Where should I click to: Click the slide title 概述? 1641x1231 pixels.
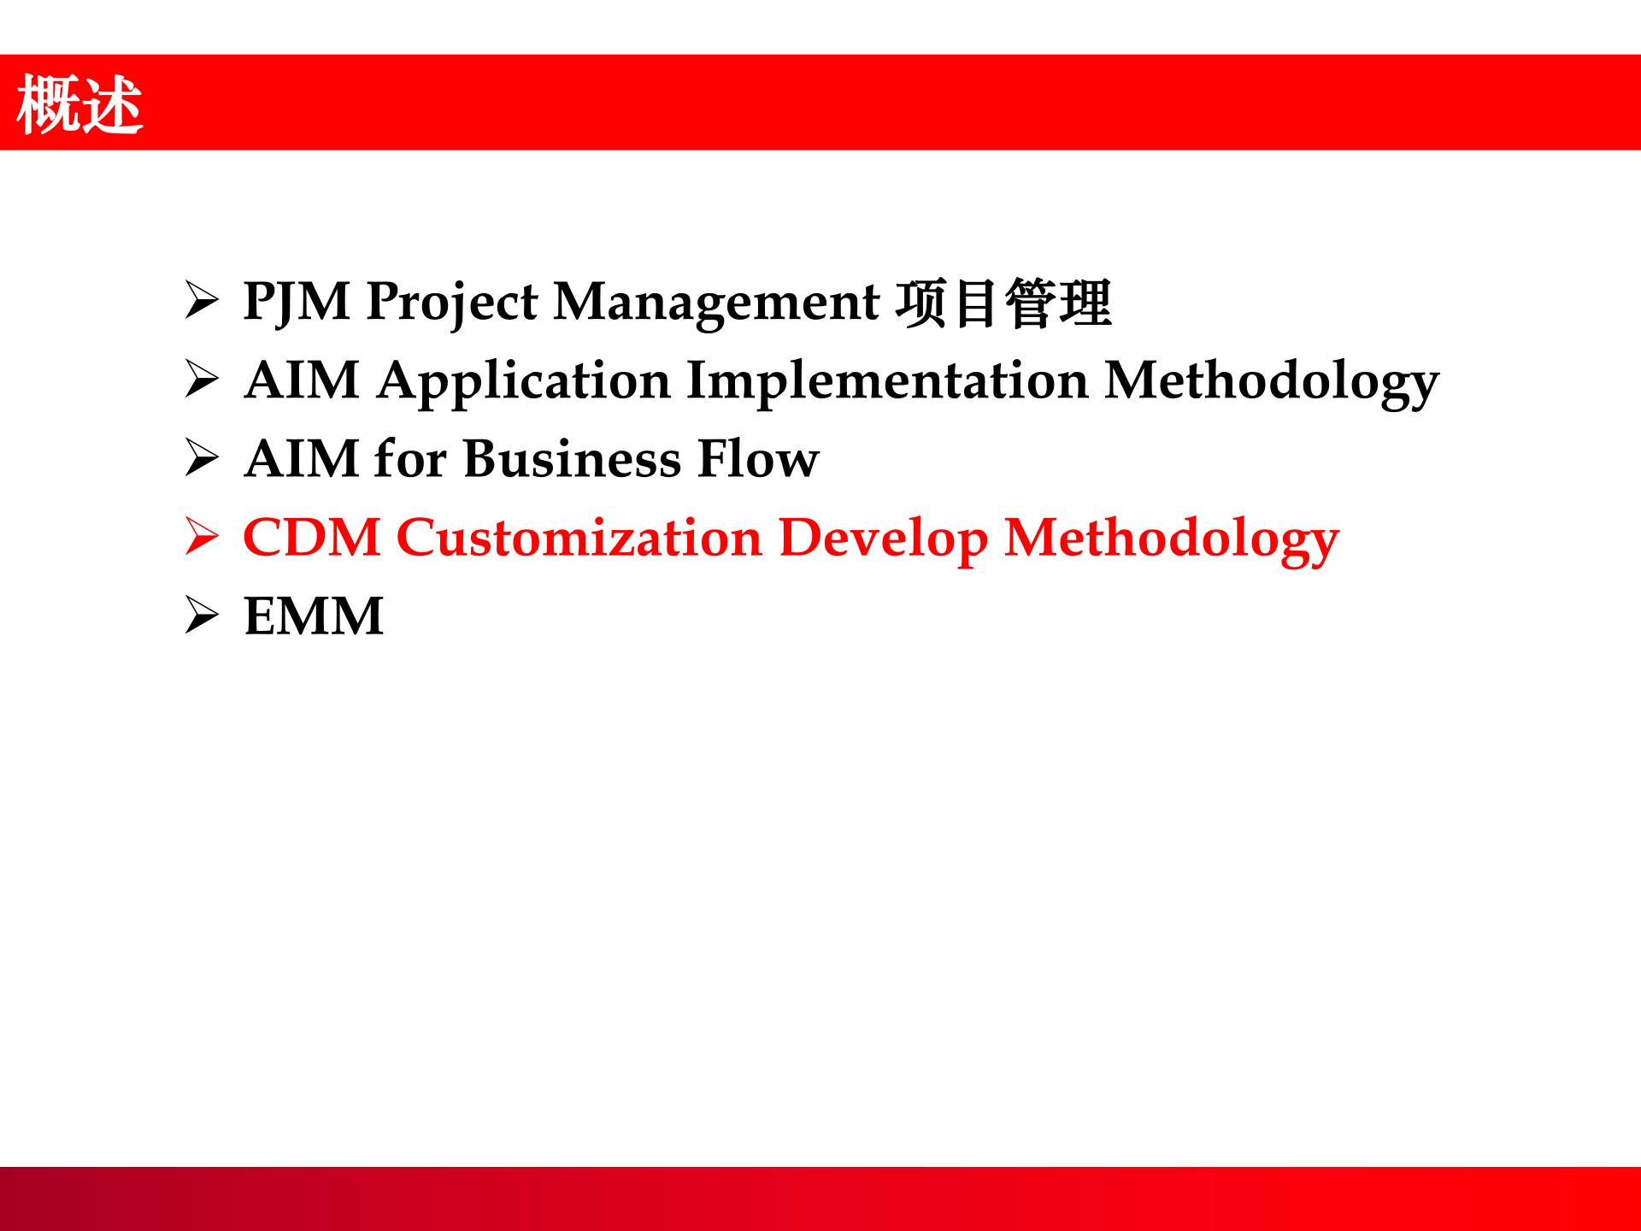click(79, 104)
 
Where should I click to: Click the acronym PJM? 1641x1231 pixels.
click(297, 303)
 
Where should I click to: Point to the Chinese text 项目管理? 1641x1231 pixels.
click(1003, 303)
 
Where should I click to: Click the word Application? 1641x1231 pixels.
click(524, 382)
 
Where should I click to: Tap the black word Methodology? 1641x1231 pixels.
click(1272, 382)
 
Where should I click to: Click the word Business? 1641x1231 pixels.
click(573, 459)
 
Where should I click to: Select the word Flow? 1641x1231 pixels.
click(758, 459)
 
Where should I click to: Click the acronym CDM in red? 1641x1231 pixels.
click(312, 538)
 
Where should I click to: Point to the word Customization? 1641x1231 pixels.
click(579, 538)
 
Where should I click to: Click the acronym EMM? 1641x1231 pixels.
click(314, 616)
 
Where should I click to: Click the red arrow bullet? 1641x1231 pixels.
click(203, 537)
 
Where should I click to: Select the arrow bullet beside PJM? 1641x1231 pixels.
click(203, 301)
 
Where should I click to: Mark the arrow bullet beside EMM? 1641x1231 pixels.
click(203, 615)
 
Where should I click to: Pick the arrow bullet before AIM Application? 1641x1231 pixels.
click(203, 380)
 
